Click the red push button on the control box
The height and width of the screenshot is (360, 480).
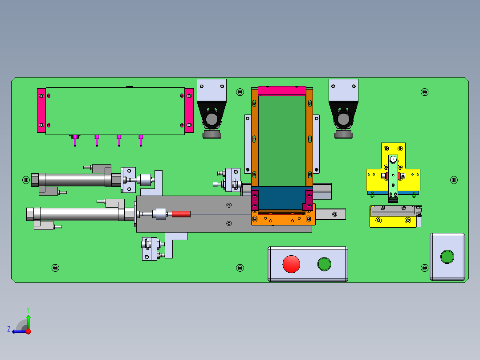[291, 264]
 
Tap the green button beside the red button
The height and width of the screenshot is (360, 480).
[324, 264]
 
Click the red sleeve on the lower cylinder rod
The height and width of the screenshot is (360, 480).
[181, 214]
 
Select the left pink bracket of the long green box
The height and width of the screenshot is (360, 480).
[41, 110]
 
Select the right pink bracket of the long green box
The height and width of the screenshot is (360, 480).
[189, 110]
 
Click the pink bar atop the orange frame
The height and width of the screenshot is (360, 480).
[282, 91]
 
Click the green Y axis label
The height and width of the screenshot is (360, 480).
[28, 310]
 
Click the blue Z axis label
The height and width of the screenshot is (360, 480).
[9, 329]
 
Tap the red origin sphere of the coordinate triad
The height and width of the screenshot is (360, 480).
[28, 331]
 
